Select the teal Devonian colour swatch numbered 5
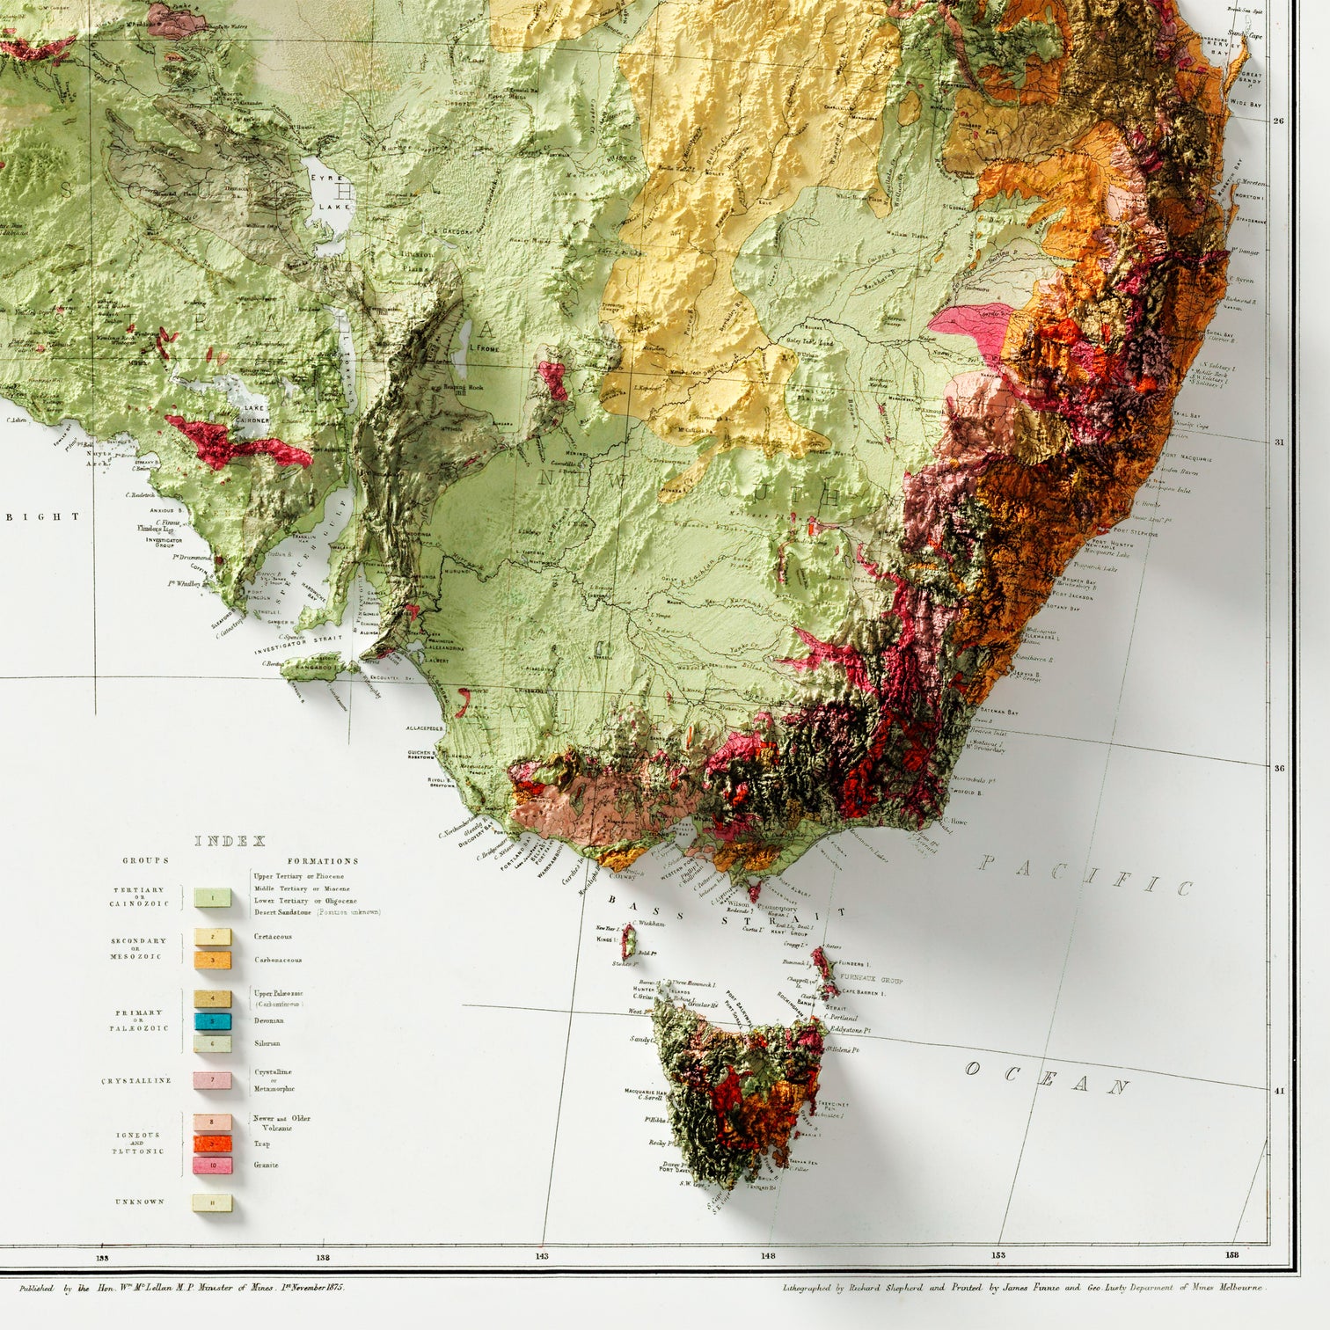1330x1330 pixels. click(212, 1021)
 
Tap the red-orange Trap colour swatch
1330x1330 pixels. click(212, 1144)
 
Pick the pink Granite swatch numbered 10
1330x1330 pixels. click(212, 1165)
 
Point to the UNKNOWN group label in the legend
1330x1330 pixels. click(140, 1202)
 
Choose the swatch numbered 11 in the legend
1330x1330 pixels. click(212, 1202)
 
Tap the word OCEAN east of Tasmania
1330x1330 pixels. click(1046, 1078)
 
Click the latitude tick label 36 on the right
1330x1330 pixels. click(1279, 768)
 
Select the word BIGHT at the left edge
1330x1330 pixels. click(30, 517)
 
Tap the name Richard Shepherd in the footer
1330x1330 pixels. click(891, 1287)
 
